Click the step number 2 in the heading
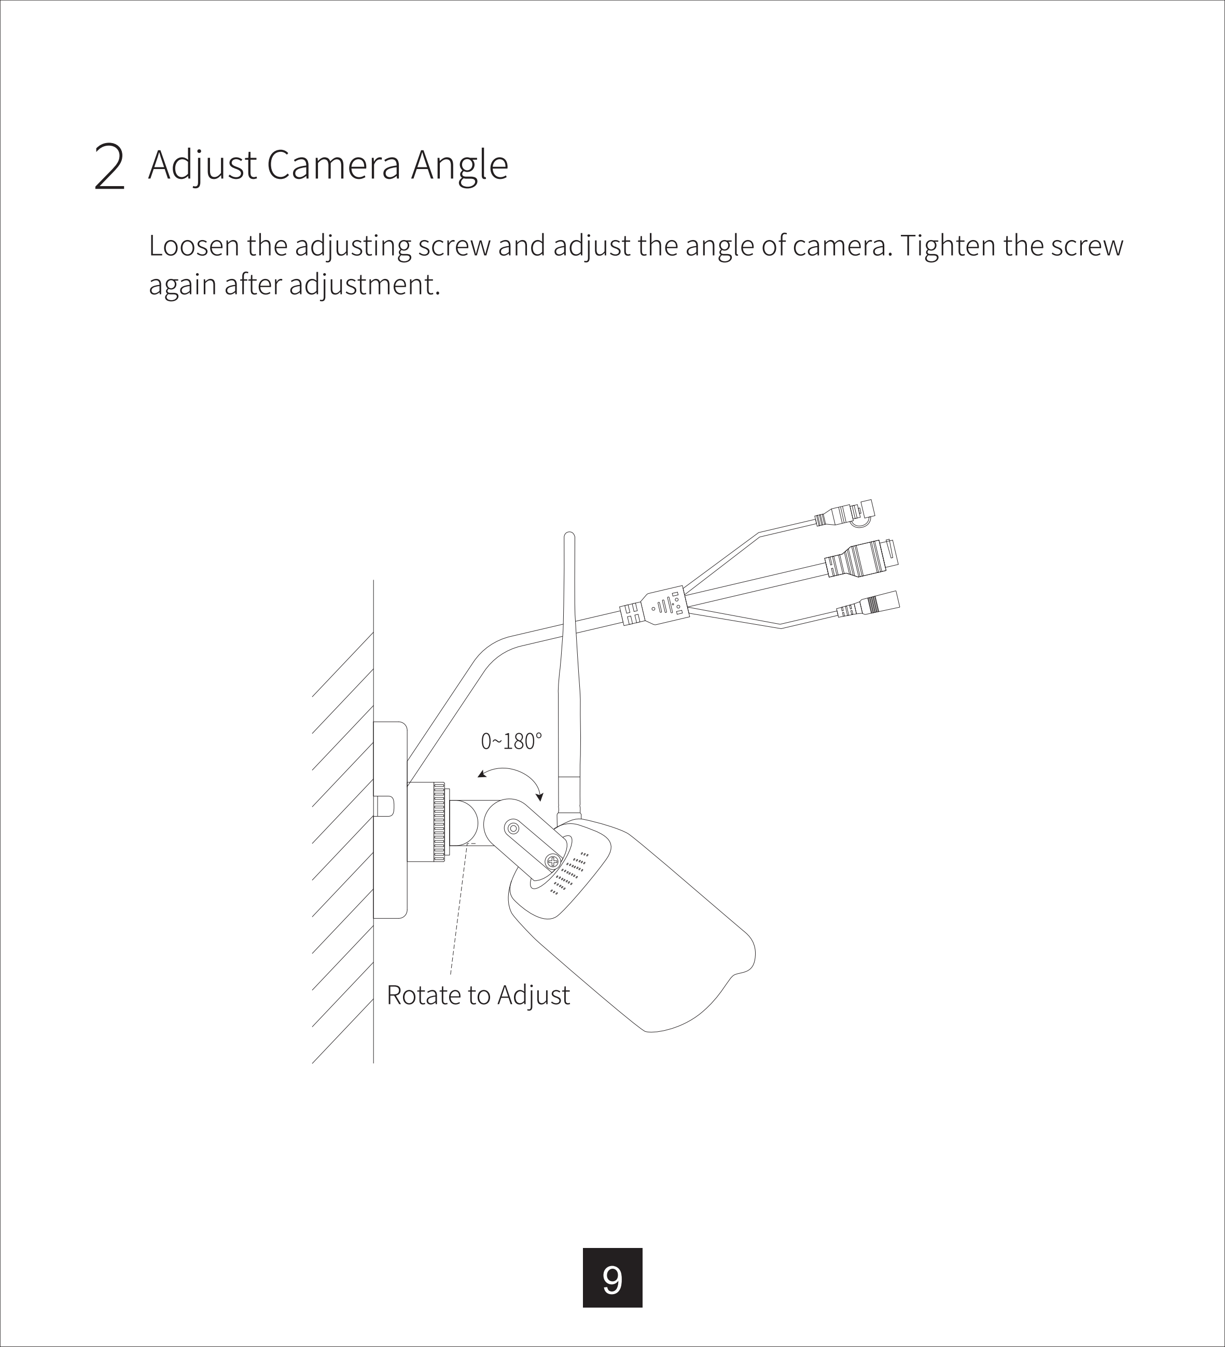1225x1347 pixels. pyautogui.click(x=109, y=166)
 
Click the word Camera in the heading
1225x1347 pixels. pyautogui.click(x=333, y=164)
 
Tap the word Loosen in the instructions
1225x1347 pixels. pyautogui.click(x=194, y=246)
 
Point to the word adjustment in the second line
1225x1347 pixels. pyautogui.click(x=364, y=285)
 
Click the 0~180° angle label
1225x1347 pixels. pyautogui.click(x=511, y=741)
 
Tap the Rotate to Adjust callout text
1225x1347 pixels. pyautogui.click(x=478, y=995)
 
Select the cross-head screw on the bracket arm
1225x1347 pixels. pyautogui.click(x=553, y=862)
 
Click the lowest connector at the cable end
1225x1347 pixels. pyautogui.click(x=868, y=606)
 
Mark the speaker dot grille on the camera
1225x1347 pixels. pyautogui.click(x=569, y=873)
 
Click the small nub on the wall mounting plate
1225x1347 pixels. pyautogui.click(x=384, y=806)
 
